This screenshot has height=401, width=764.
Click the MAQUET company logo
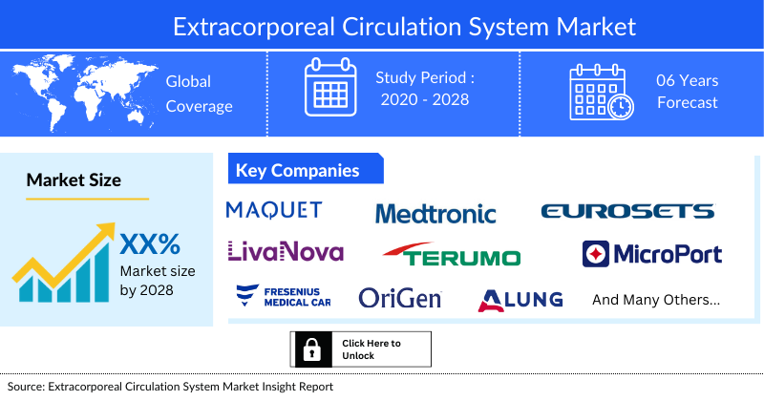[274, 210]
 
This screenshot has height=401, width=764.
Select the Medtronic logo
[435, 213]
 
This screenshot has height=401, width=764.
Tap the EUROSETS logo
[626, 211]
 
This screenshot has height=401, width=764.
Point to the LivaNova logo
[286, 251]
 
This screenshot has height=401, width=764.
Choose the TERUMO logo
[452, 255]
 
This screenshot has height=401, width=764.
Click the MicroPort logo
[652, 254]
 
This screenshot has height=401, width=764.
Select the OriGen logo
[400, 298]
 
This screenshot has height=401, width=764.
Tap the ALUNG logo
[520, 300]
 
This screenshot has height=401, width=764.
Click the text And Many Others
[656, 300]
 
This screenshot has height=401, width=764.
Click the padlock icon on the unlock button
[310, 349]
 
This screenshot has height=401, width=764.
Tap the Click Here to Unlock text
[371, 349]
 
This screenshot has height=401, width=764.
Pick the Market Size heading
[74, 179]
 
